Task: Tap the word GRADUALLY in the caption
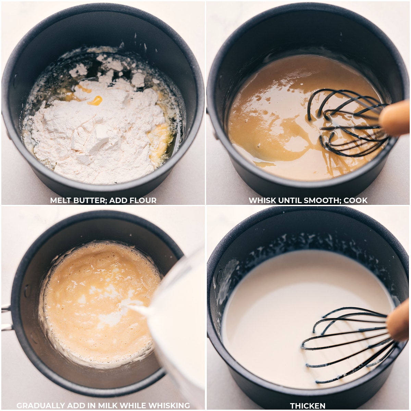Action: point(41,406)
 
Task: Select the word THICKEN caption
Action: point(308,406)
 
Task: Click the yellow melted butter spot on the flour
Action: point(95,100)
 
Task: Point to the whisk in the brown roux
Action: point(346,123)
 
